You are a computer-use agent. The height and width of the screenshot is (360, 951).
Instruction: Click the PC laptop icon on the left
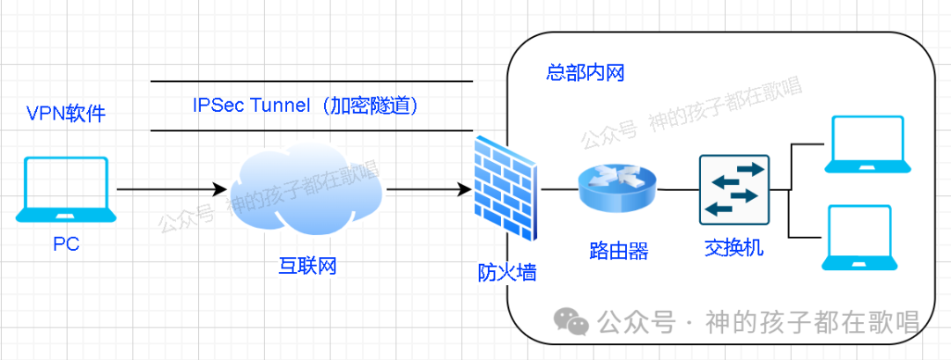coord(66,189)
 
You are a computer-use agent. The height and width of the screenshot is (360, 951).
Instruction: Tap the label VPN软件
coord(66,114)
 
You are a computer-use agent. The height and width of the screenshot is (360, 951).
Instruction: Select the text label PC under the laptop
coord(66,245)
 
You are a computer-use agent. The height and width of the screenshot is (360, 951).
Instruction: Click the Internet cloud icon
coord(305,189)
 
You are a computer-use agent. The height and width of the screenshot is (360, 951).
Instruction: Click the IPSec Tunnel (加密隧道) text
coord(305,106)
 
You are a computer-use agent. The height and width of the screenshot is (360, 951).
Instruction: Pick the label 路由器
coord(618,252)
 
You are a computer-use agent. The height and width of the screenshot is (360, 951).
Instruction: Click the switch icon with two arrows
coord(734,188)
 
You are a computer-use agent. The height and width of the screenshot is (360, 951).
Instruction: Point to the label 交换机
coord(734,248)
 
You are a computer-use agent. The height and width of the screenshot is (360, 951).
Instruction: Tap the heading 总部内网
coord(585,72)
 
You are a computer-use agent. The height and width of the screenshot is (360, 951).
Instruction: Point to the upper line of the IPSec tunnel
coord(312,82)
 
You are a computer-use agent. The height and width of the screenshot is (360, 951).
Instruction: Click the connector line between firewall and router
coord(557,188)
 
